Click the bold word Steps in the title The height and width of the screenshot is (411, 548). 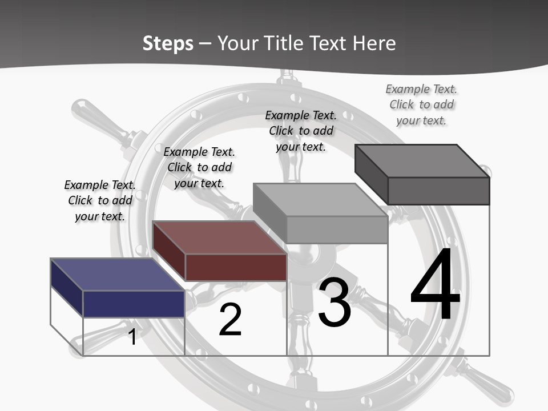point(168,43)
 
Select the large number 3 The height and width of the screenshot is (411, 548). point(334,303)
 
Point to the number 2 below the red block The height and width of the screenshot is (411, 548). point(230,320)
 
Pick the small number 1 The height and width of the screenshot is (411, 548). point(132,337)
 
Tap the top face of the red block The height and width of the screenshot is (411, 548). point(219,237)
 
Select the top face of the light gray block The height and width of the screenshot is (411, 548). point(320,200)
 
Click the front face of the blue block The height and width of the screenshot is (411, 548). point(134,304)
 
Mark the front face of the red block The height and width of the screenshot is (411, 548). point(236,267)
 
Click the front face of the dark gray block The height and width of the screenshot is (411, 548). point(438,191)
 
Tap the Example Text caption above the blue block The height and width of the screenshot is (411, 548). point(100,200)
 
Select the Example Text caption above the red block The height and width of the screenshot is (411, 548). point(199,167)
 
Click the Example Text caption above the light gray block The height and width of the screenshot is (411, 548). point(301,131)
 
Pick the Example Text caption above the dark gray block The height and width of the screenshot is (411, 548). point(421,104)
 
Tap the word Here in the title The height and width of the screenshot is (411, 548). point(374,43)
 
